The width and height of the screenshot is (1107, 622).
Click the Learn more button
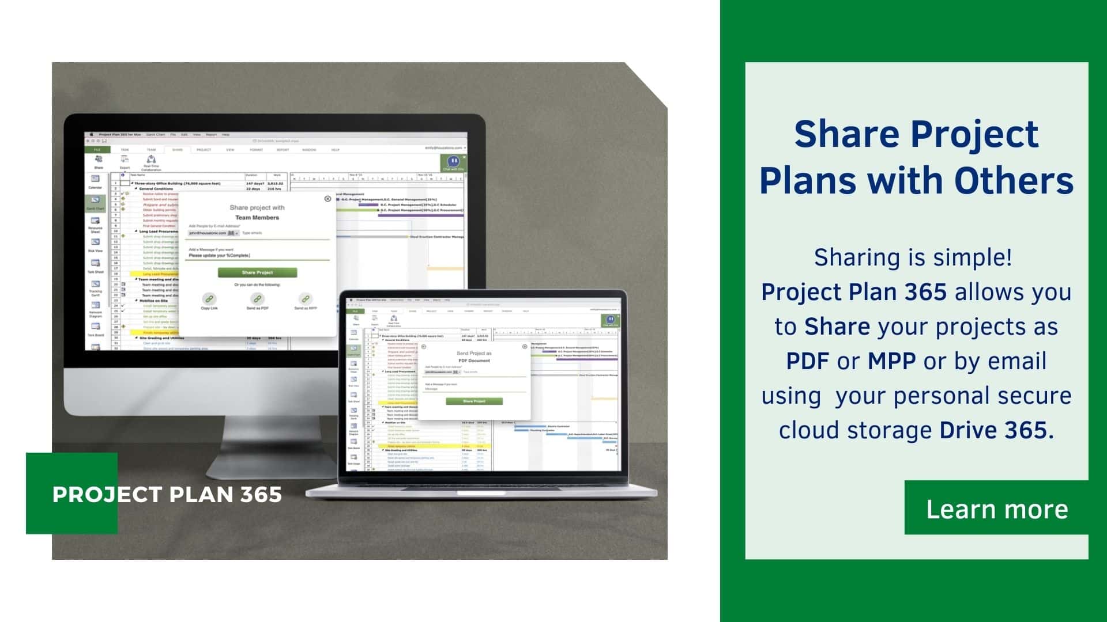click(x=996, y=509)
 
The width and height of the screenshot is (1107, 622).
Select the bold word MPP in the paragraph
click(x=891, y=361)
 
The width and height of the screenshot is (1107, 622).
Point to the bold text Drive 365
click(x=996, y=430)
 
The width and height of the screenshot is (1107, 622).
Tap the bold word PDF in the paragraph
click(x=808, y=361)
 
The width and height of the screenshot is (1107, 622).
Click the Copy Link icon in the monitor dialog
click(x=209, y=299)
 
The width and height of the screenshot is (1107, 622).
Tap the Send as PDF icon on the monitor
click(x=257, y=299)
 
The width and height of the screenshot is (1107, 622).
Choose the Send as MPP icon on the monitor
click(x=305, y=299)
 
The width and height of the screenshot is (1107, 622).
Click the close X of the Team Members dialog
click(x=327, y=199)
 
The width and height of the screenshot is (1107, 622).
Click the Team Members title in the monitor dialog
click(x=257, y=218)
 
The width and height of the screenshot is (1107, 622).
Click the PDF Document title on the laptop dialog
click(x=474, y=361)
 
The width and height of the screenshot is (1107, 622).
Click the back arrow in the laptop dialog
click(x=424, y=347)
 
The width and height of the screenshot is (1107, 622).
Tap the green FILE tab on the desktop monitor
click(x=97, y=150)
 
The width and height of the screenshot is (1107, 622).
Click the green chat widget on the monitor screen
click(x=453, y=163)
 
